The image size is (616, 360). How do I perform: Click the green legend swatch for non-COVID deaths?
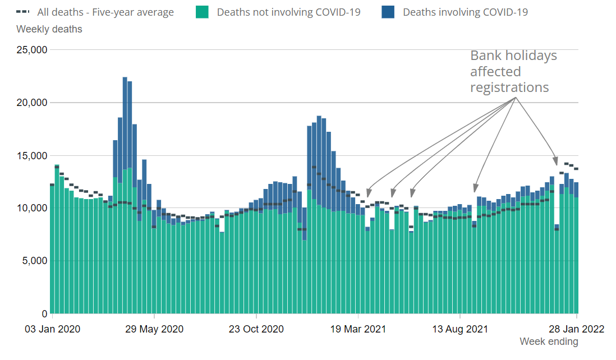(203, 12)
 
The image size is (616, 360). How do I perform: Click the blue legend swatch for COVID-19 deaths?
(388, 12)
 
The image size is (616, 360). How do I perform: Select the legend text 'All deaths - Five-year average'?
(105, 12)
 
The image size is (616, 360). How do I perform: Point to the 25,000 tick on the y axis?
(31, 50)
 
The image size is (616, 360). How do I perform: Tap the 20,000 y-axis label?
(31, 103)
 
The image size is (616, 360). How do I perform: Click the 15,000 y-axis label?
(31, 155)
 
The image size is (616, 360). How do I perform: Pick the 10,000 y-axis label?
(31, 208)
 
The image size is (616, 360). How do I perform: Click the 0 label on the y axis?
(44, 313)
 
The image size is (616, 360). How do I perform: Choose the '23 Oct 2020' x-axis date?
(256, 329)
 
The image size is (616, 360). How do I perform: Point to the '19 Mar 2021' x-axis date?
(358, 329)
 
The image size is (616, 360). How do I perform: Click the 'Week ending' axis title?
(548, 341)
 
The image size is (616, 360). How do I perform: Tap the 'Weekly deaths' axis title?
(49, 29)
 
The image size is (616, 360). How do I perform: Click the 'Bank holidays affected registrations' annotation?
(513, 72)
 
